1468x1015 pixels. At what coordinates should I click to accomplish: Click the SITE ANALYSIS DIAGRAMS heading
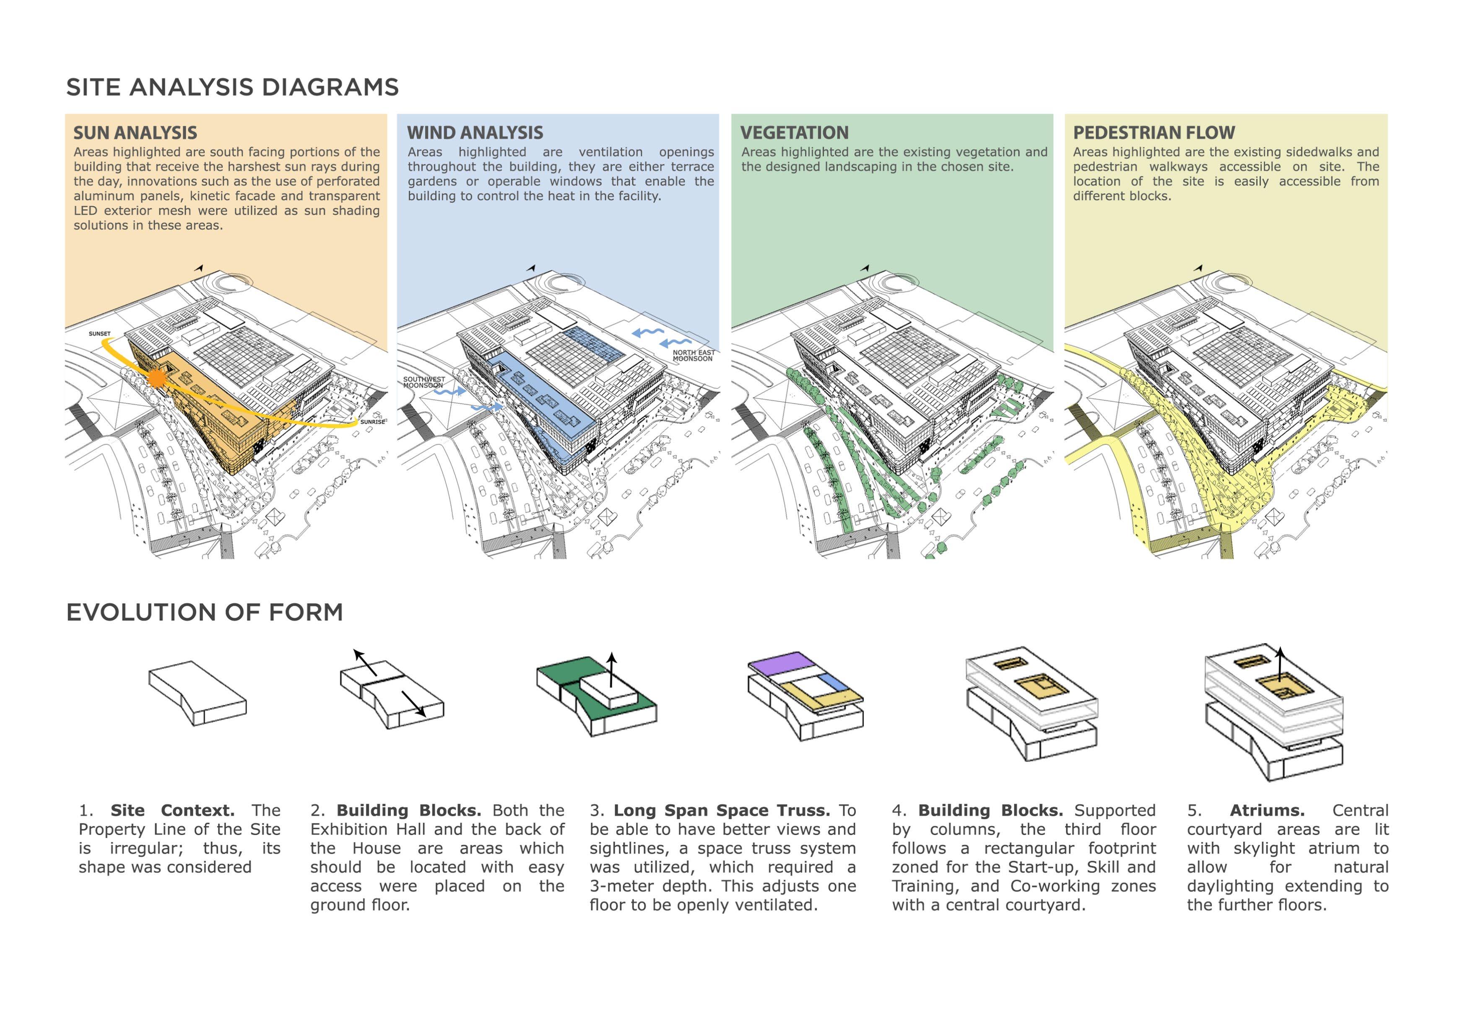click(x=232, y=87)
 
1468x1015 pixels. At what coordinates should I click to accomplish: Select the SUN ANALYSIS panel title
click(x=135, y=132)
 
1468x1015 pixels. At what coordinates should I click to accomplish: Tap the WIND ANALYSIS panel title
click(x=475, y=132)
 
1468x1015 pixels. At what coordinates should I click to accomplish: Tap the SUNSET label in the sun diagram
click(x=99, y=334)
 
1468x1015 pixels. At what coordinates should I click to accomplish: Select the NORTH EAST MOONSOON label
click(x=693, y=356)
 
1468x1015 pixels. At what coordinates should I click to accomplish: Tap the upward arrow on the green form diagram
click(x=611, y=668)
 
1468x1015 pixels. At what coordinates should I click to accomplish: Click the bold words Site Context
click(x=172, y=810)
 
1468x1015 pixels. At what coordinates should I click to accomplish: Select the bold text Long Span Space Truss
click(x=721, y=810)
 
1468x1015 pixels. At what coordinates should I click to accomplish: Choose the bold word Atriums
click(x=1267, y=810)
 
